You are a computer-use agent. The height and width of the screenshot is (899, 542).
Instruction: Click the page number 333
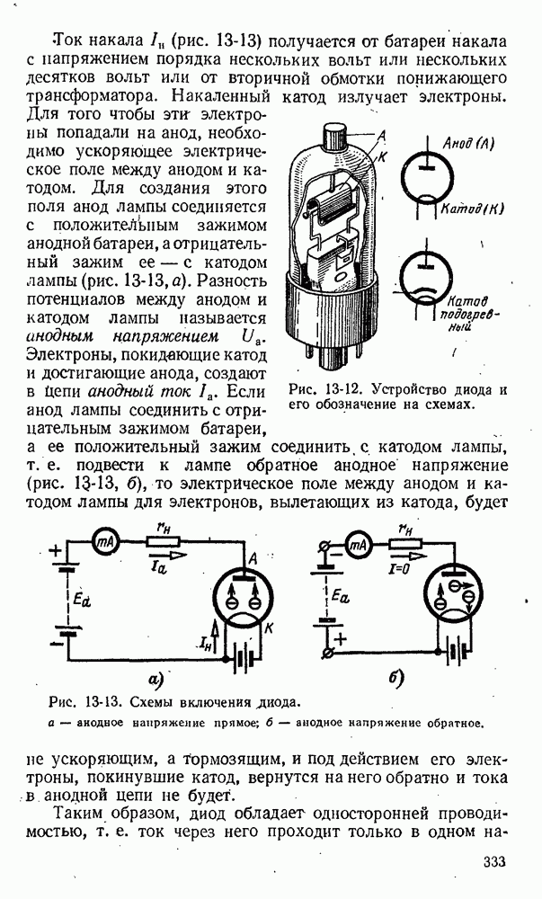[x=493, y=863]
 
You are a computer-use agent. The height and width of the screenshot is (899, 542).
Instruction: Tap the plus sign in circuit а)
[x=57, y=551]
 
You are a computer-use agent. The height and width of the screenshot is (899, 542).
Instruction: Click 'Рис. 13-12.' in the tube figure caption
[x=323, y=390]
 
